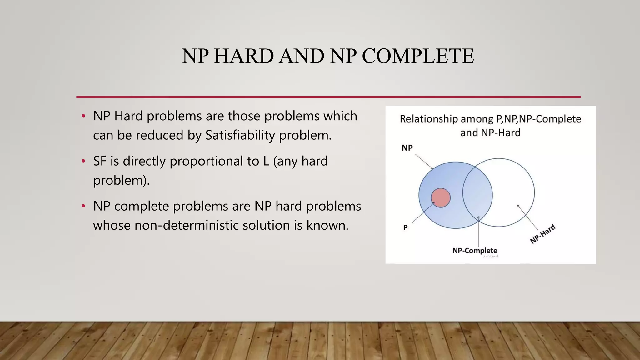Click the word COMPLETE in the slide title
click(x=418, y=56)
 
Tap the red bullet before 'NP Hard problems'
click(x=83, y=116)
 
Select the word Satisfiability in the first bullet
click(x=240, y=135)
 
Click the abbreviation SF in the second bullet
click(x=100, y=161)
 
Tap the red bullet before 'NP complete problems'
click(x=83, y=206)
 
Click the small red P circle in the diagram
click(x=441, y=197)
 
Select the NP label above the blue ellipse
click(x=407, y=148)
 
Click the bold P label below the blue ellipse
click(x=405, y=227)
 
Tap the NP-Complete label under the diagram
click(x=475, y=251)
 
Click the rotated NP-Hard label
click(x=543, y=234)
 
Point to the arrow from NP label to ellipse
click(x=424, y=161)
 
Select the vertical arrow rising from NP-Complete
click(x=478, y=233)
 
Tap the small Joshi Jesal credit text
click(x=491, y=257)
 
